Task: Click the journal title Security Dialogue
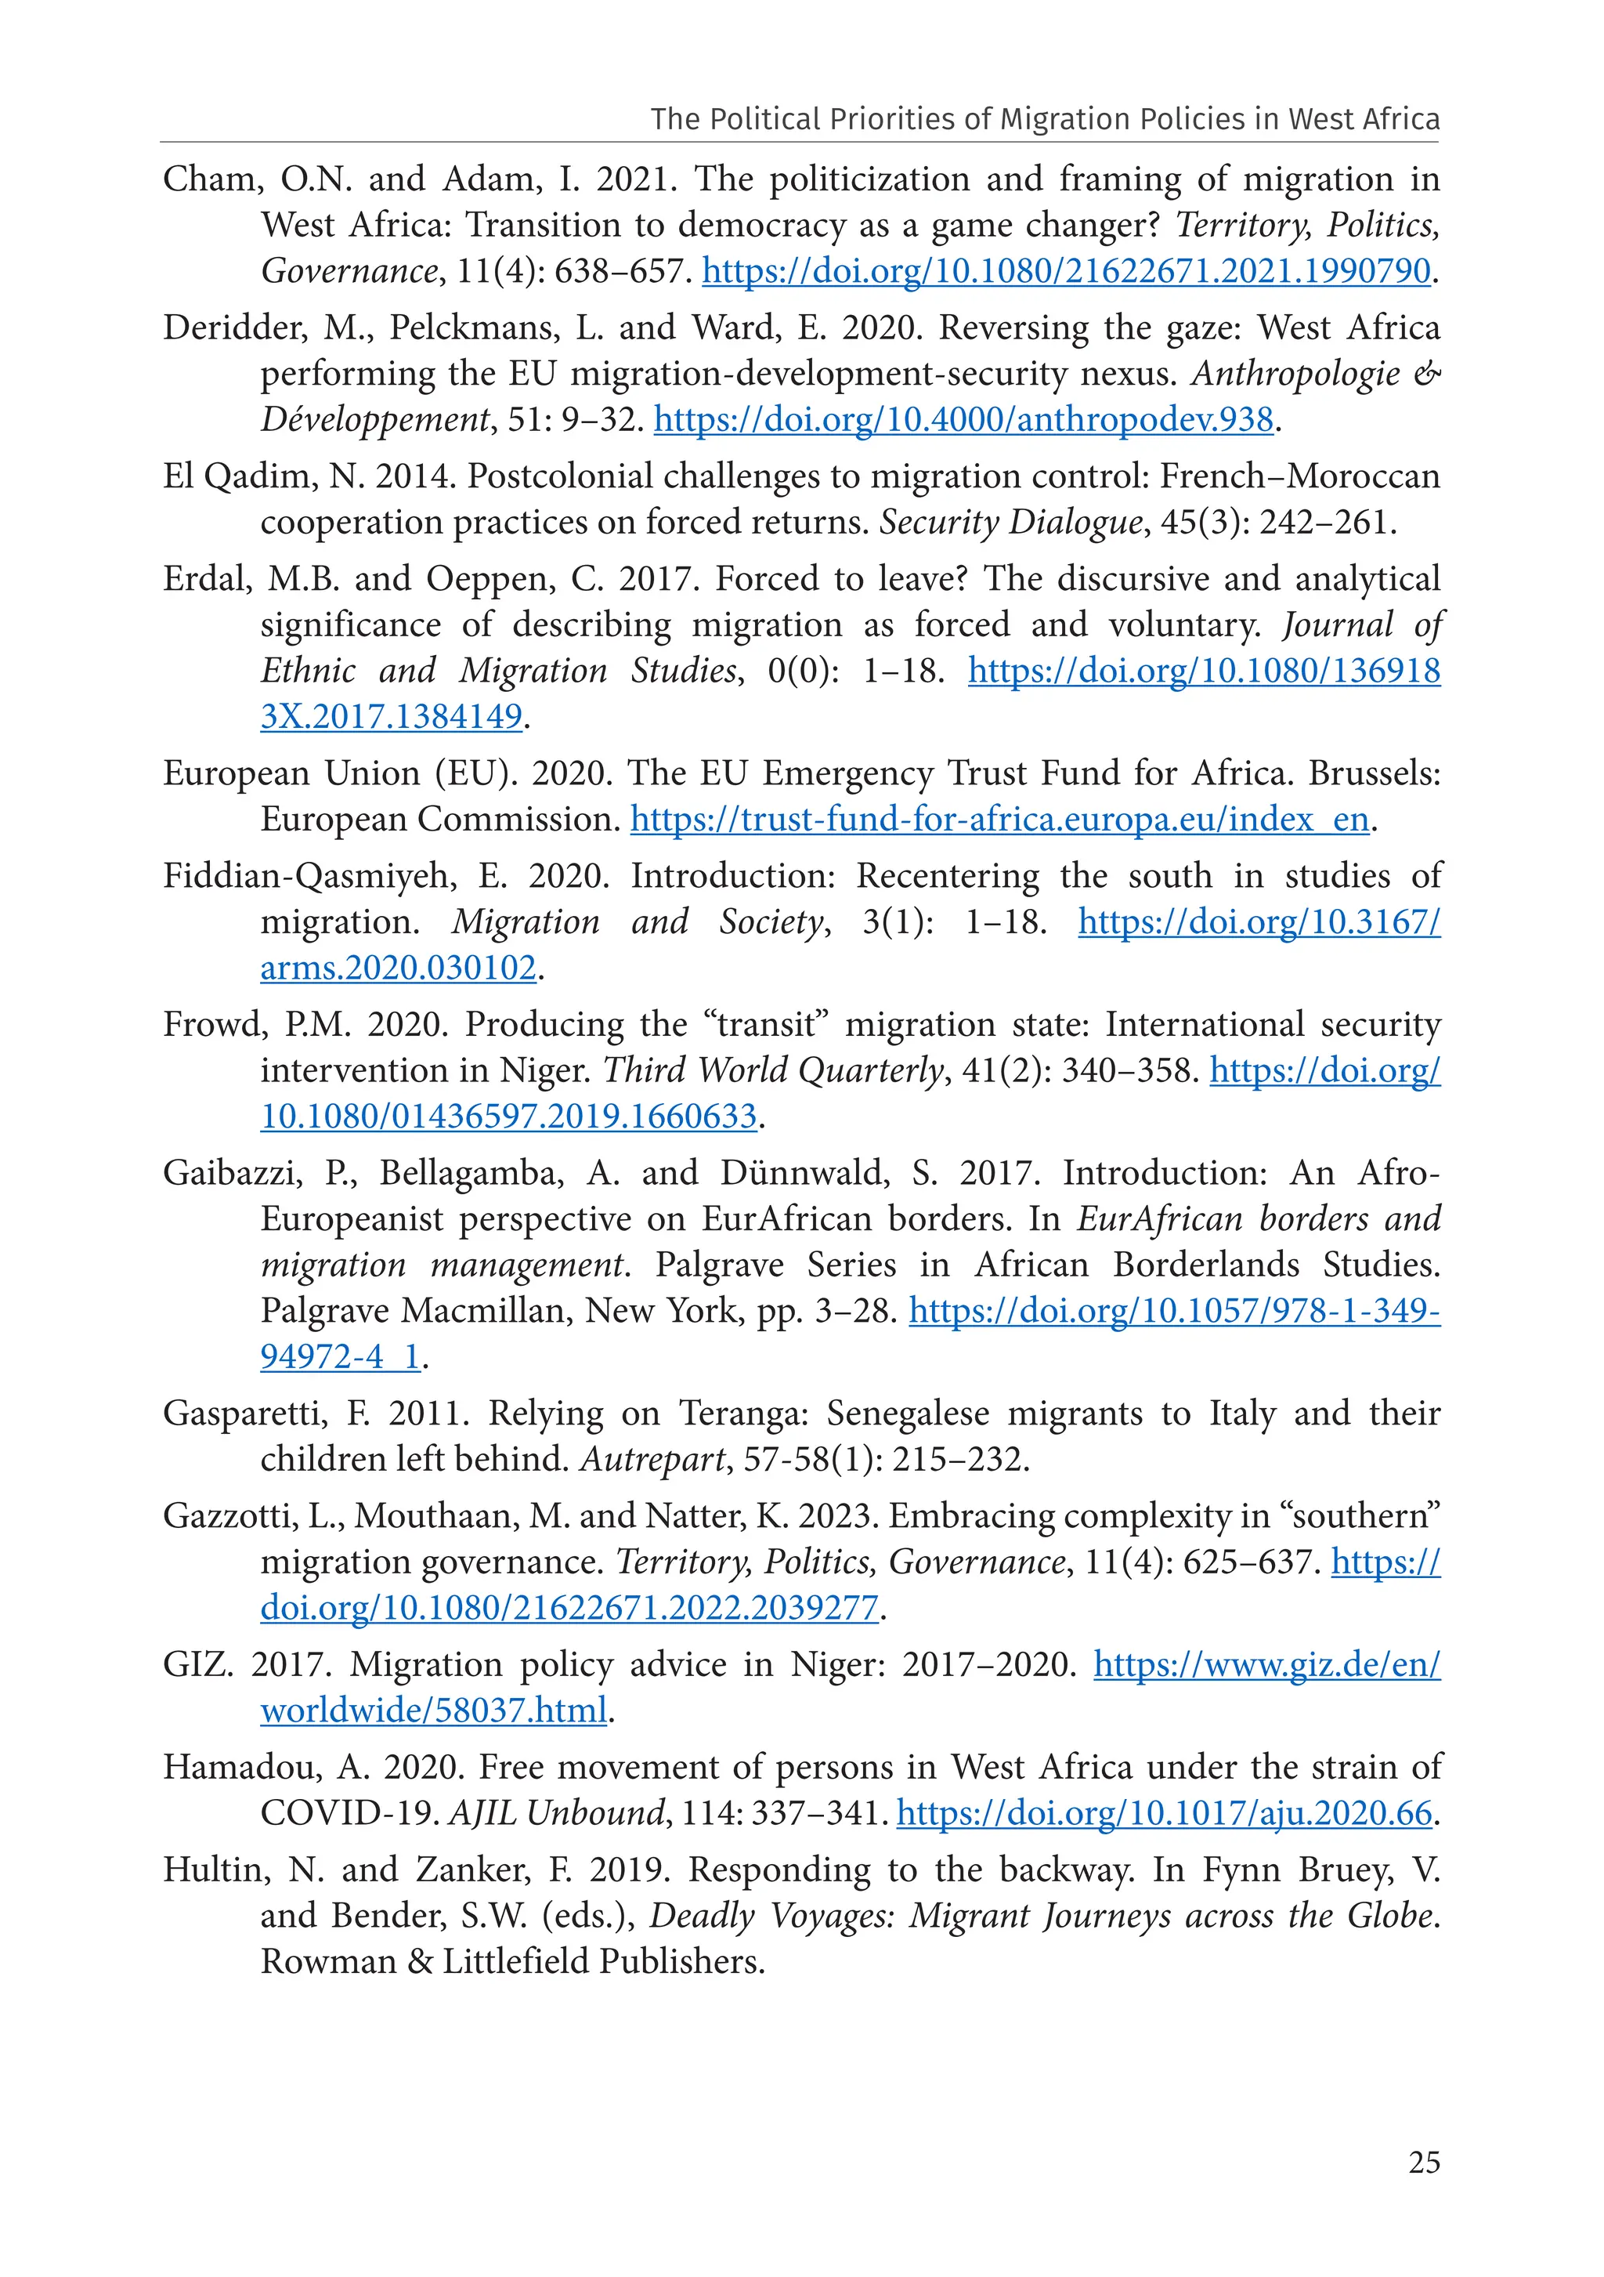tap(1011, 523)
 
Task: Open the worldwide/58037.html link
tap(433, 1710)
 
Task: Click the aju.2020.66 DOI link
tap(1164, 1813)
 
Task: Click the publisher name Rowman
tap(327, 1962)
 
